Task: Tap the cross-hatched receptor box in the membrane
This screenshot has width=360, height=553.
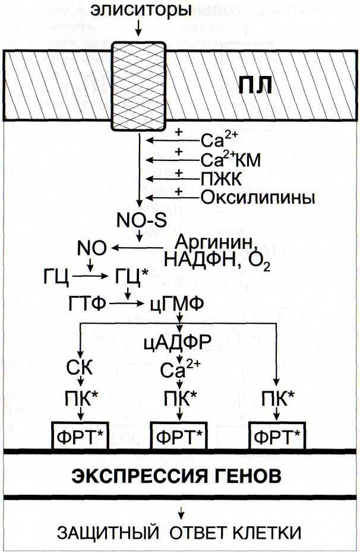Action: coord(138,86)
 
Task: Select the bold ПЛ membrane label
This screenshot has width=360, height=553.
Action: coord(255,86)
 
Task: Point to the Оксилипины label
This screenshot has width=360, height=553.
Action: coord(258,198)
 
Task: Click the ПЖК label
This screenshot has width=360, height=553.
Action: coord(222,179)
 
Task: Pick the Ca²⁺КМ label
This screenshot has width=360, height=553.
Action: coord(231,160)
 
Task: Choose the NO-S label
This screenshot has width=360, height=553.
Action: coord(141,220)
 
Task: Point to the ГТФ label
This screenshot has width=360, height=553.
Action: coord(87,304)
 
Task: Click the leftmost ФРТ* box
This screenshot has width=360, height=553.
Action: coord(80,436)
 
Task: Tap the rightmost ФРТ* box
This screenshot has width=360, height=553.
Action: coord(277,436)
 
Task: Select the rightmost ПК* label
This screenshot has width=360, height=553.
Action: coord(277,399)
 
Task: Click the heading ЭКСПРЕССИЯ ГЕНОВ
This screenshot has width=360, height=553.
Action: coord(176,477)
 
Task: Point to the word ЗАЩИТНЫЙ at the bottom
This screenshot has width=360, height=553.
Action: coord(108,533)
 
